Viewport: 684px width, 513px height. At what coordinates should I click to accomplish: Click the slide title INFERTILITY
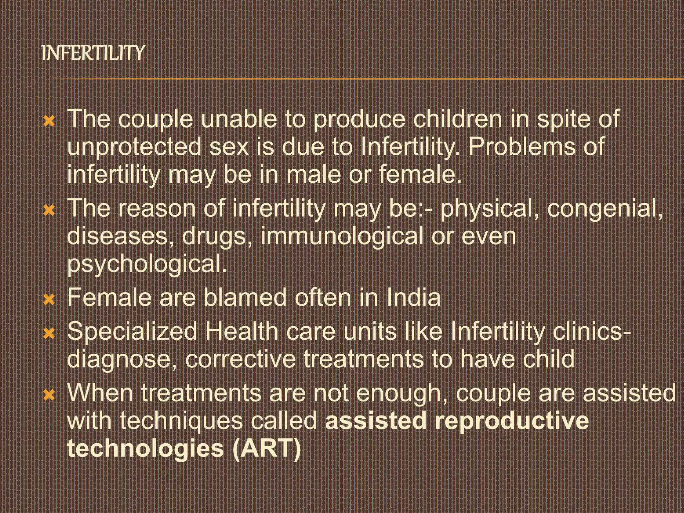(x=93, y=53)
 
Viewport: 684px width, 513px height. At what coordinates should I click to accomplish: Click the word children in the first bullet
(x=458, y=119)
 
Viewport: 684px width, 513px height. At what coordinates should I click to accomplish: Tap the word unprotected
(x=134, y=147)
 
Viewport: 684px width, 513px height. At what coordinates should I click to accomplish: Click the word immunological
(x=342, y=236)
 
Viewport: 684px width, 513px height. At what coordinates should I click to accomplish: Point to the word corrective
(x=240, y=359)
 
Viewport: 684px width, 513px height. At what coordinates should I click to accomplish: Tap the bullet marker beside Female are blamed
(x=49, y=300)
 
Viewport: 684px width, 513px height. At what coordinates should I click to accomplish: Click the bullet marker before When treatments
(x=49, y=395)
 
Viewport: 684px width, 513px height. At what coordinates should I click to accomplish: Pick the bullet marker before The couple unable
(x=49, y=121)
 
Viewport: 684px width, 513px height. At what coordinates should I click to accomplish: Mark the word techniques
(x=181, y=421)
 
